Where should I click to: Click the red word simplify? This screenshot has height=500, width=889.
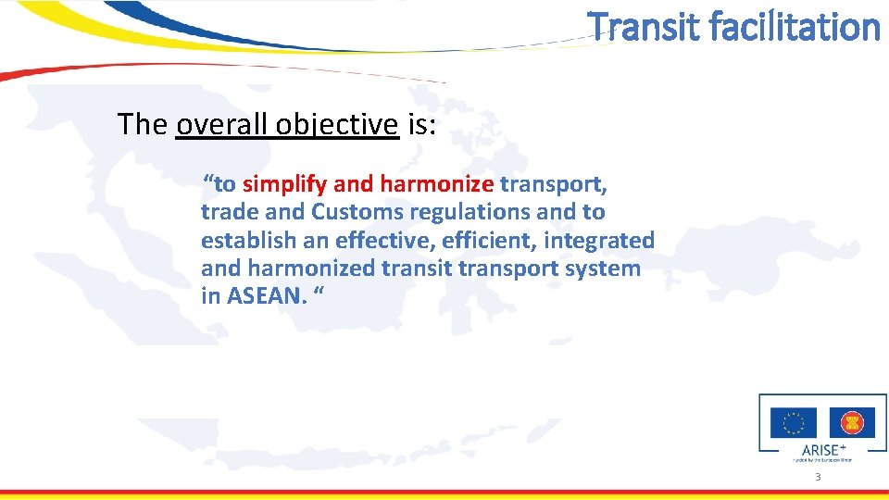pos(283,183)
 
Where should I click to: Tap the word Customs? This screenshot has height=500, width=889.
pos(357,212)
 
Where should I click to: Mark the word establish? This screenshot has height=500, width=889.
pos(244,241)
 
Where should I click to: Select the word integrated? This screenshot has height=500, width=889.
pos(599,241)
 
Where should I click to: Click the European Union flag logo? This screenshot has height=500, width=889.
pos(794,423)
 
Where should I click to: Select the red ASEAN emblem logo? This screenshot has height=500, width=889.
pos(852,423)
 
